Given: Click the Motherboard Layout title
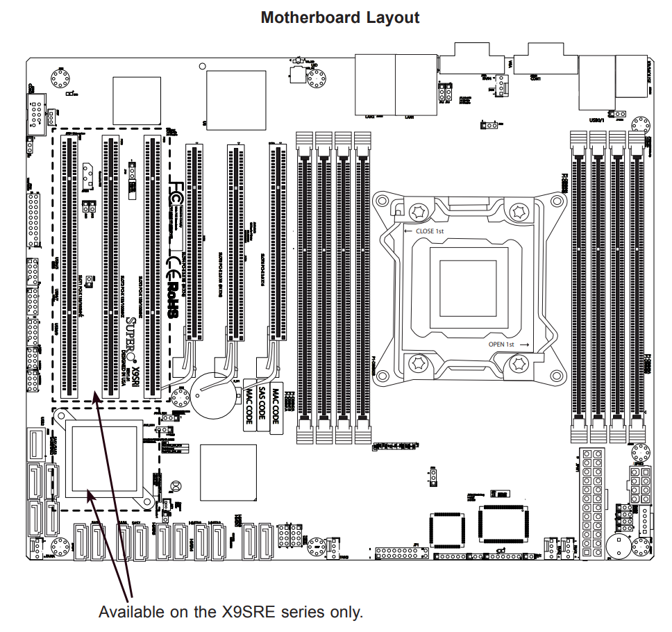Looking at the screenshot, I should [x=339, y=17].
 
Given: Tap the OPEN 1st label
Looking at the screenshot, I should [x=501, y=344].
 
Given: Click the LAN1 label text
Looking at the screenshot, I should [x=410, y=117].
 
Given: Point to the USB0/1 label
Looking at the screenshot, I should [x=596, y=120].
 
